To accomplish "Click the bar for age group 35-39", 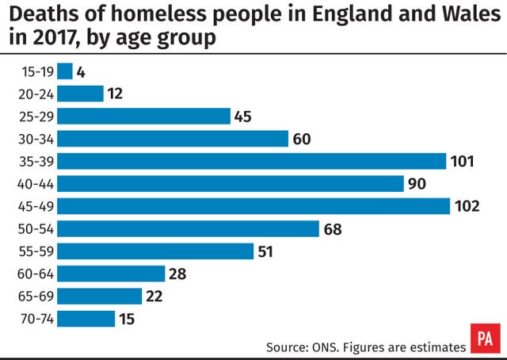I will (x=252, y=161).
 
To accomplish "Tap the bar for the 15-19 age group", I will (x=65, y=71).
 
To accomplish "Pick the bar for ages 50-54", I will (x=189, y=228).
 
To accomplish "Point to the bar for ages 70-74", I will (x=86, y=319).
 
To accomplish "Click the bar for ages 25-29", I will (x=143, y=116).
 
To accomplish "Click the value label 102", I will (x=467, y=206).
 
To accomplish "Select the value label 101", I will (x=462, y=161).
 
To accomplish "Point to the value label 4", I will (x=81, y=71).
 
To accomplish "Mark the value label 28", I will (x=177, y=274).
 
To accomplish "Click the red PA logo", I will (x=486, y=338).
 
